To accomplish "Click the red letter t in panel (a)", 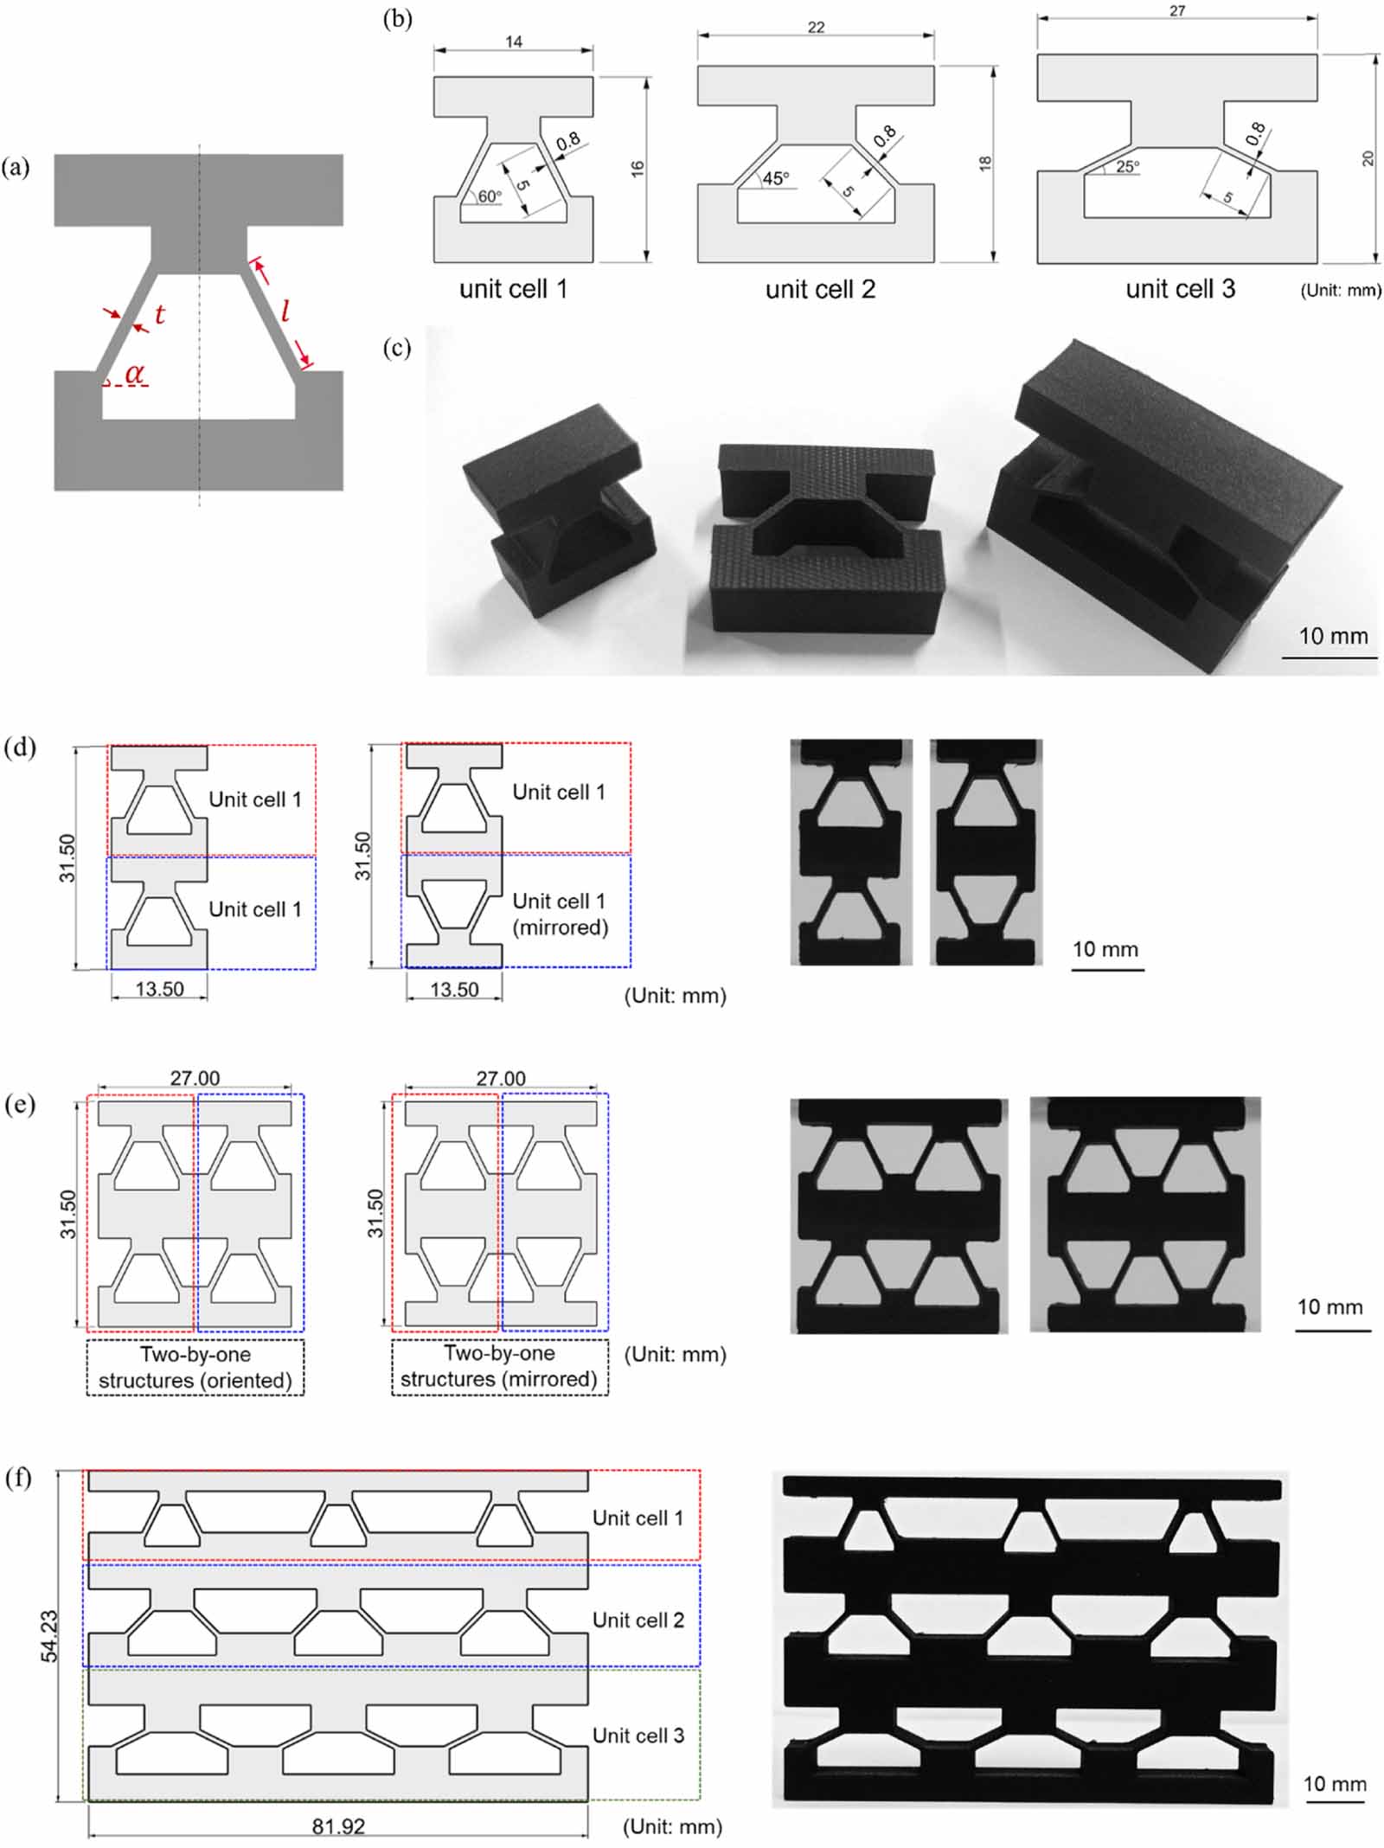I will point(160,315).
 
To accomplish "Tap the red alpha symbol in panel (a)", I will point(135,374).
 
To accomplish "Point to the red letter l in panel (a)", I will point(285,309).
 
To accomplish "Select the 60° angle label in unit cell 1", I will point(490,196).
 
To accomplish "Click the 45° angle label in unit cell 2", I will point(776,178).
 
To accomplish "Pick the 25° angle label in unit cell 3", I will point(1127,167).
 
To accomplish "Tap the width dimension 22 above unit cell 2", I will point(816,28).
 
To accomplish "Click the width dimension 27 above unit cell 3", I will point(1176,11).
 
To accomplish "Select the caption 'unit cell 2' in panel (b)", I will point(820,289).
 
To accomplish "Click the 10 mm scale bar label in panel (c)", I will point(1333,636).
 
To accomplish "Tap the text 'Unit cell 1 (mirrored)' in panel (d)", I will point(561,914).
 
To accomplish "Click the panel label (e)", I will point(19,1105).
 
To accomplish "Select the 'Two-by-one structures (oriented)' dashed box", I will point(195,1367).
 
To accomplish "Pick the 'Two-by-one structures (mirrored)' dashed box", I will point(499,1366).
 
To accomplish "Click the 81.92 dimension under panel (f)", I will point(338,1826).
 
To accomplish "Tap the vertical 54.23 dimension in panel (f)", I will point(49,1635).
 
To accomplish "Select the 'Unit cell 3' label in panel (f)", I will point(638,1736).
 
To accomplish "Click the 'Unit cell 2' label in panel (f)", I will point(638,1620).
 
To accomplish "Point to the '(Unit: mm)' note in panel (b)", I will point(1340,291).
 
